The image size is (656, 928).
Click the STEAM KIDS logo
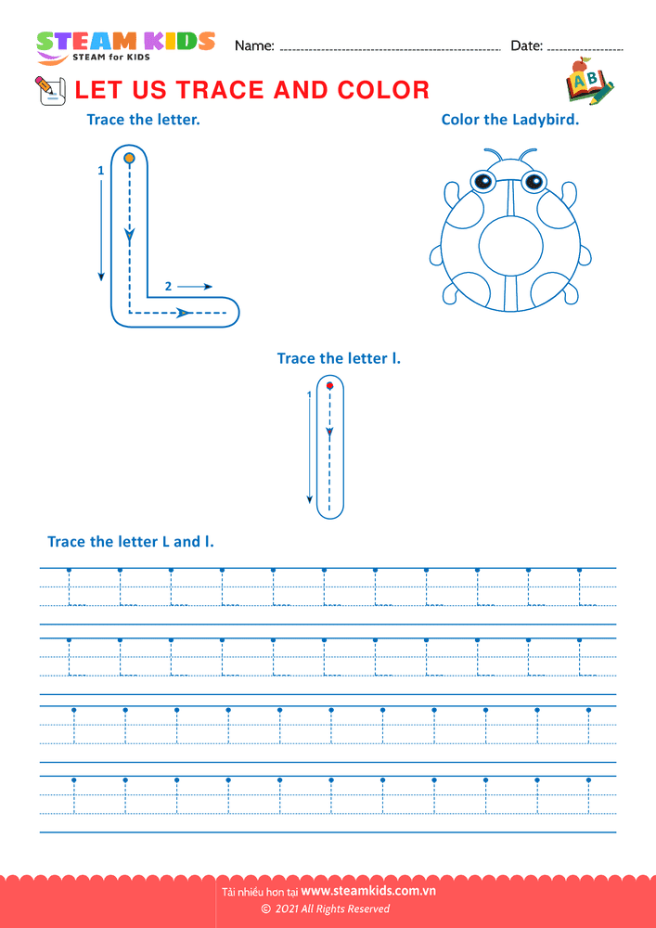point(125,46)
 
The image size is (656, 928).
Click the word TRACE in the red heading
point(220,90)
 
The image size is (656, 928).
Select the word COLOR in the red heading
point(384,90)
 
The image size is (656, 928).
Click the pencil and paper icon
point(50,91)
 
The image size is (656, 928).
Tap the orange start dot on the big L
point(129,158)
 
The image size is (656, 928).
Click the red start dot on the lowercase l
point(330,386)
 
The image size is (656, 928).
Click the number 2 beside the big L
point(169,287)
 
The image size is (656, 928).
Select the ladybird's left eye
point(482,180)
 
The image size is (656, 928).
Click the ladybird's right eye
point(534,180)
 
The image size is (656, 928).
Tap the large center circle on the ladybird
point(511,248)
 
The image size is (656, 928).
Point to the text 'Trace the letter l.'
point(339,358)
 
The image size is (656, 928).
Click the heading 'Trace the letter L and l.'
point(131,542)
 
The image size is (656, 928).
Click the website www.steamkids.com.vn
point(368,891)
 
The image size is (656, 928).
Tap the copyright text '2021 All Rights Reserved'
point(332,909)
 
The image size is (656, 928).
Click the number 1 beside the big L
point(100,171)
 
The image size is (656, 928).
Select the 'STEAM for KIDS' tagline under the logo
point(111,58)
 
